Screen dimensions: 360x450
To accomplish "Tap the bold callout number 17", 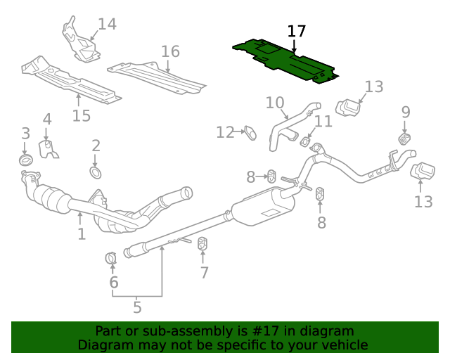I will click(297, 32).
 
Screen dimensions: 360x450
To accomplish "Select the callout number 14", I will click(107, 25).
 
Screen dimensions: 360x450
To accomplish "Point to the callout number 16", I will click(170, 51).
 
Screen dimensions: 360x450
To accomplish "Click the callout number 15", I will click(82, 115).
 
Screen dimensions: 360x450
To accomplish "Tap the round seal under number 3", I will click(25, 161).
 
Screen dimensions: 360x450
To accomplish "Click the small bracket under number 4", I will click(49, 150).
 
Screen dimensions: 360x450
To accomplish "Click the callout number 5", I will click(137, 307).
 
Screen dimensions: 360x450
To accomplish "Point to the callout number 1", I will click(82, 233).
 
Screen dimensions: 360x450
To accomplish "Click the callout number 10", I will click(274, 103).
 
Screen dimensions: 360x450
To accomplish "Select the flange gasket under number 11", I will click(306, 143).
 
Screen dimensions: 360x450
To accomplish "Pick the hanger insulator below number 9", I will click(404, 139).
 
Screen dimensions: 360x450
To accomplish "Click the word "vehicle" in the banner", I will click(343, 345).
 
